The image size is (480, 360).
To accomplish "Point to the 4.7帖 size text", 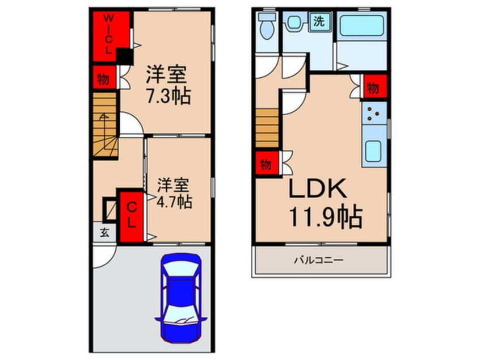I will pos(174,201).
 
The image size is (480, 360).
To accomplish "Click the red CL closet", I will pos(131,214).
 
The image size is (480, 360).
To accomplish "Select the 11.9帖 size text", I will pos(326,216).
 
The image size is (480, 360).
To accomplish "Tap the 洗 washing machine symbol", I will pos(319,22).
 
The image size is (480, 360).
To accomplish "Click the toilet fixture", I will pos(266,26).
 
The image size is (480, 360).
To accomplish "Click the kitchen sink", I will pos(374,152).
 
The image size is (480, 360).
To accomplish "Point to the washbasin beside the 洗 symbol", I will pos(294,23).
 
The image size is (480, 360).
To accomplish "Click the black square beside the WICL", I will pos(123,56).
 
